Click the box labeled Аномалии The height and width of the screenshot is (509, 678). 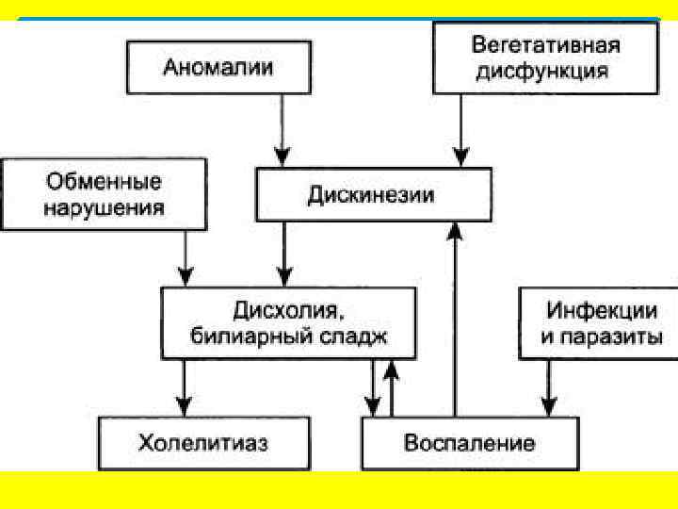[x=218, y=67]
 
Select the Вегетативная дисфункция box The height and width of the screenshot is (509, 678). [x=546, y=57]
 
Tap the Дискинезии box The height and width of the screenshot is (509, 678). [x=373, y=195]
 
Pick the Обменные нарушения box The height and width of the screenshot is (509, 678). [x=105, y=194]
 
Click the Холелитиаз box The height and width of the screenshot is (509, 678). [x=204, y=443]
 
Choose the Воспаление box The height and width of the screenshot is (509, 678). [x=470, y=443]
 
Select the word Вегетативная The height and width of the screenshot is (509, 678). [x=546, y=44]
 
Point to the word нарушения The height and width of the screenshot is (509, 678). [x=105, y=207]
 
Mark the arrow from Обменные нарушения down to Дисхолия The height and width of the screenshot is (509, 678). [x=186, y=258]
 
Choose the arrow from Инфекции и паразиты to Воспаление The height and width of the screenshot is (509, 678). [x=549, y=388]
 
